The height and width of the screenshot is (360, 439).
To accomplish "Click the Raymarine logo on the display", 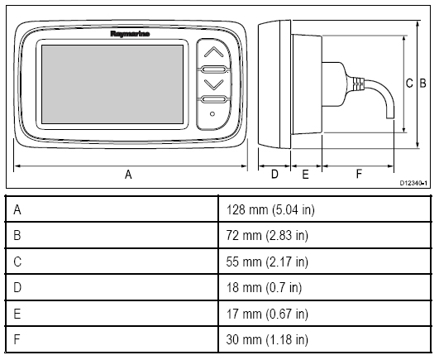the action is coord(130,34).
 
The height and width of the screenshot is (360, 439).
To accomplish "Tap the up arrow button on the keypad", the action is coord(214,52).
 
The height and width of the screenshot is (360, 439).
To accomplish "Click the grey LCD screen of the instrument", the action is coord(112,84).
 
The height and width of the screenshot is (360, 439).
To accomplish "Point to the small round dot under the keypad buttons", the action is coord(212,113).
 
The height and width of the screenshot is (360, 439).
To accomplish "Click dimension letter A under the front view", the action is coord(128,175).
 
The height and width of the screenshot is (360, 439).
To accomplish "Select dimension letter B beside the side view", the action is coord(422,84).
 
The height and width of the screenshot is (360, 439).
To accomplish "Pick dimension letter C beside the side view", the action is coord(409,84).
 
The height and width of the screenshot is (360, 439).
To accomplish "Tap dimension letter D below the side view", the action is coord(274,175).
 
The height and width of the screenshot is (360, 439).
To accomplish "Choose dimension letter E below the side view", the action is coord(305,175).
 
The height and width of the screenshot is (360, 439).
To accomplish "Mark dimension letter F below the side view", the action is coord(359,174).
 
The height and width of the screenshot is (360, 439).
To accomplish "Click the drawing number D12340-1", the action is coord(413,183).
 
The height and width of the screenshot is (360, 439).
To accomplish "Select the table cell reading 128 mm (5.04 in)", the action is coord(270,209).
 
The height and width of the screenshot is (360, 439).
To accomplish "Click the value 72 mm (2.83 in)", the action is coord(267,235).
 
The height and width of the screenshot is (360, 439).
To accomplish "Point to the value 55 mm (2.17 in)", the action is coord(267,262).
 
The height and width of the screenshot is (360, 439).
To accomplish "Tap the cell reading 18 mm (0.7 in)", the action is coord(264,287).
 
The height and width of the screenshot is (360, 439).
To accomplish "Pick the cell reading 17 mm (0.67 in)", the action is coord(267,314).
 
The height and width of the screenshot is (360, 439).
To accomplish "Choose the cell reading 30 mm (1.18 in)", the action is coord(267,339).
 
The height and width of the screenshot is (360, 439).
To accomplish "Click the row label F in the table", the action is coord(17,339).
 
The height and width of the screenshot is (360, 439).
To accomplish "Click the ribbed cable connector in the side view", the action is coord(358,84).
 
